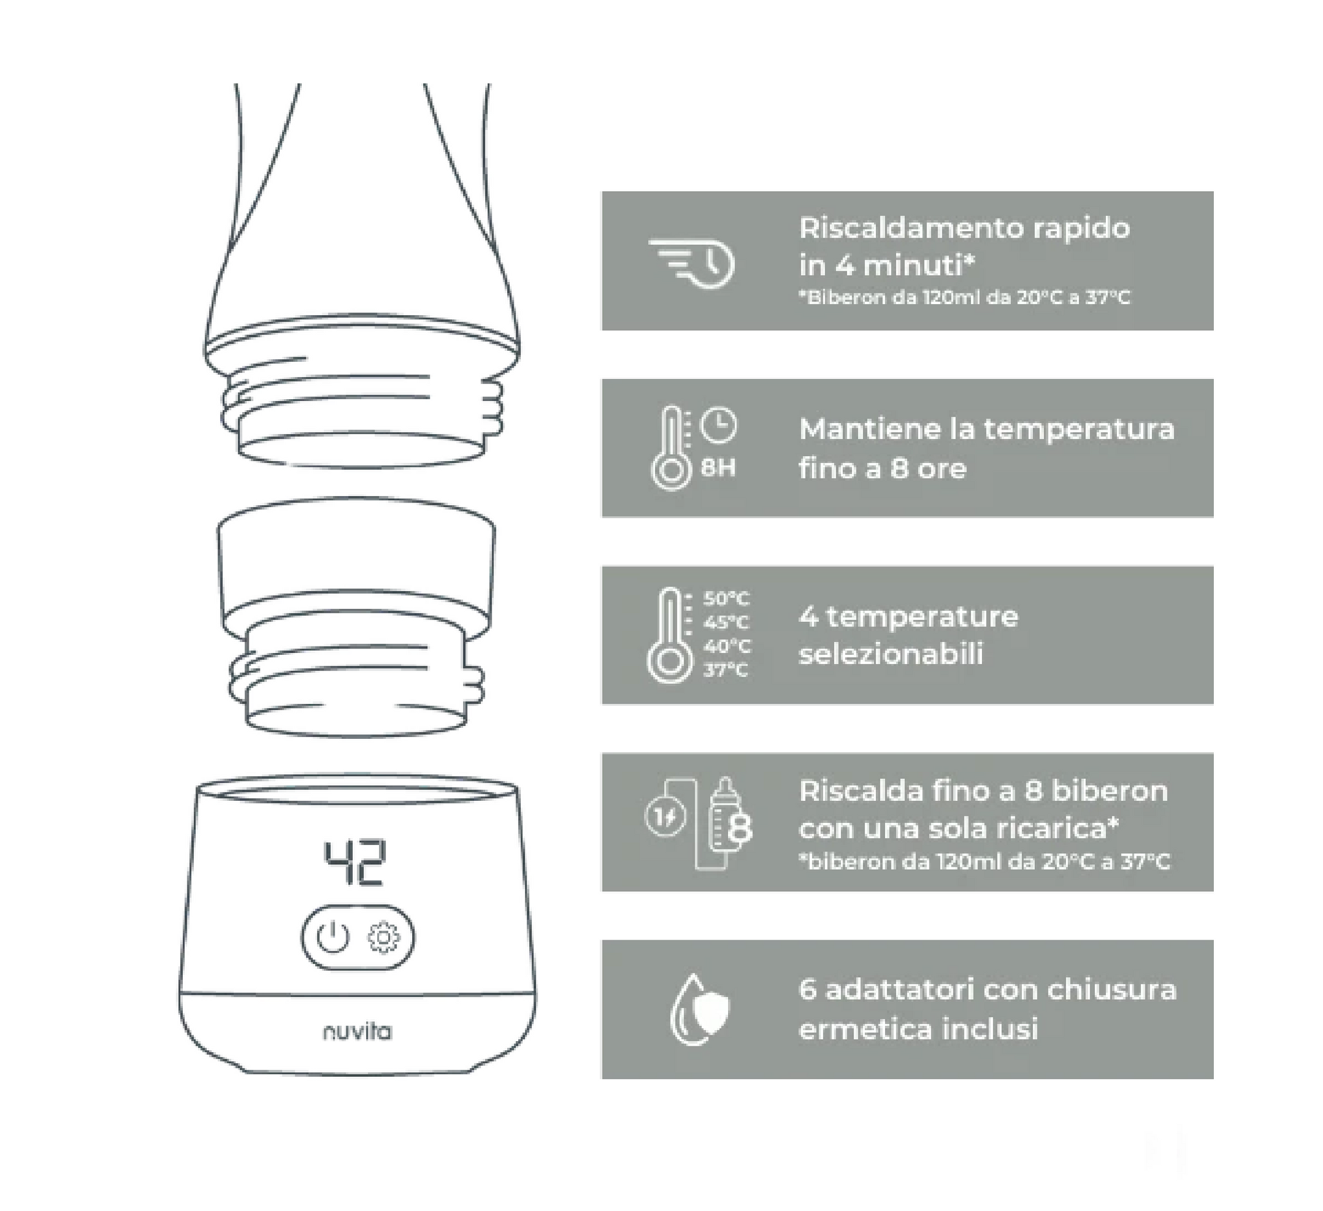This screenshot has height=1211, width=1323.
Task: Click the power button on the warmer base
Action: point(333,938)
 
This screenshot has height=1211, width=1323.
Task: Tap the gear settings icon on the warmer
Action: point(383,938)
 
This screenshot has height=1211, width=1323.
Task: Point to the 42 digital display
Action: point(355,863)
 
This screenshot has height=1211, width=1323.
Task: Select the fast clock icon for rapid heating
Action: point(692,263)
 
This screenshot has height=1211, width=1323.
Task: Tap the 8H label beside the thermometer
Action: point(718,468)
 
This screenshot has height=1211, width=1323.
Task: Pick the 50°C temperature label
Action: point(726,598)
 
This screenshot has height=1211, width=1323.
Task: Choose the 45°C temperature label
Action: point(726,622)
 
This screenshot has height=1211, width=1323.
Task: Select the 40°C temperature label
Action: point(727,646)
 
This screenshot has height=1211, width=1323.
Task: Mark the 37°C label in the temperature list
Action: point(726,670)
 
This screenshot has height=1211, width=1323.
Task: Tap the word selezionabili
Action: point(891,654)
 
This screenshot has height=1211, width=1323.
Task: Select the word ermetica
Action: point(865,1029)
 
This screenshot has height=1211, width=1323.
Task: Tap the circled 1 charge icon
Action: point(666,817)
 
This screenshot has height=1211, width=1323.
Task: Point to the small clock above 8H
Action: point(718,425)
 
